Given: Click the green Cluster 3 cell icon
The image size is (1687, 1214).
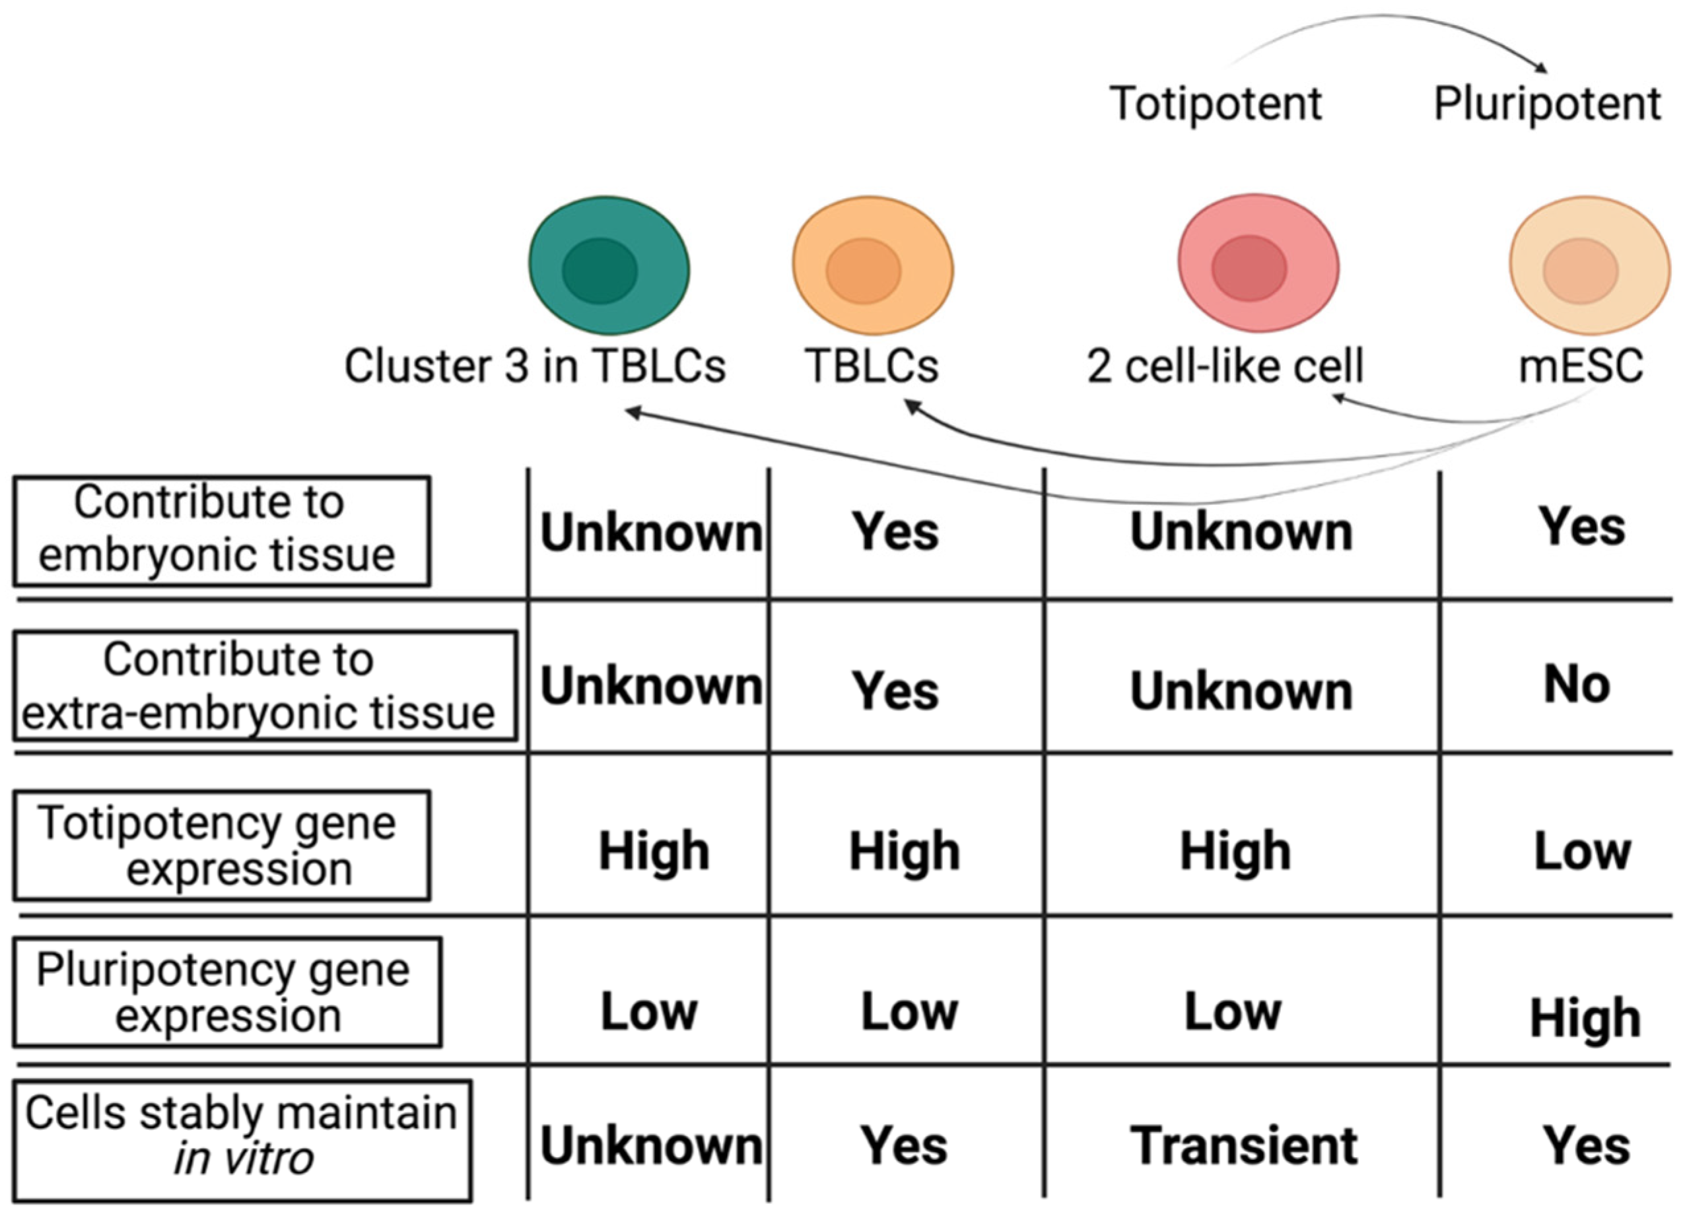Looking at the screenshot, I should point(609,265).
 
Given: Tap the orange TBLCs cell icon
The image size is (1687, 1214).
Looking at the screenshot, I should point(872,265).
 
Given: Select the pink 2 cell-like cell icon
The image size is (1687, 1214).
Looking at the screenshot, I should point(1258,263).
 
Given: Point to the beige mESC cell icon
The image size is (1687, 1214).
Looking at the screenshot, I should point(1589,265).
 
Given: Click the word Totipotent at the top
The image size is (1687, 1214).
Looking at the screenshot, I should point(1216,103).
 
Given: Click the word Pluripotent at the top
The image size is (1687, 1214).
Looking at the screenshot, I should point(1547,103).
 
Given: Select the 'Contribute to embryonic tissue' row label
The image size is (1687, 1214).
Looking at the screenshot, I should point(221,530).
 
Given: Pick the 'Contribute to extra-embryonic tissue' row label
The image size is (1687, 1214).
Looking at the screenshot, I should point(264,686).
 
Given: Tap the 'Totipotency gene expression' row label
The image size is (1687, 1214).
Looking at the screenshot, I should point(221,846).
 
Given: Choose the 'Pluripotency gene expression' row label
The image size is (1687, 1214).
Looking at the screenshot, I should point(227,992).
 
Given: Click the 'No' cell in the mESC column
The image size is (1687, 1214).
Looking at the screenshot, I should point(1577,685).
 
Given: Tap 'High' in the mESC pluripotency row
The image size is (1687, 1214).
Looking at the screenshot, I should point(1585,1019).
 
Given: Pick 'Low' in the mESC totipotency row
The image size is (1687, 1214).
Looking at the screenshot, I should point(1582,851).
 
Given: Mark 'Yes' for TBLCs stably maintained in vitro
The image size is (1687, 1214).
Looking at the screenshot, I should point(904,1145).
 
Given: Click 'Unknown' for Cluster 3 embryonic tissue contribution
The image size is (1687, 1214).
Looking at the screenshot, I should point(651,533).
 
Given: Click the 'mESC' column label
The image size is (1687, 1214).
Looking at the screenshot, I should point(1581,366).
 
